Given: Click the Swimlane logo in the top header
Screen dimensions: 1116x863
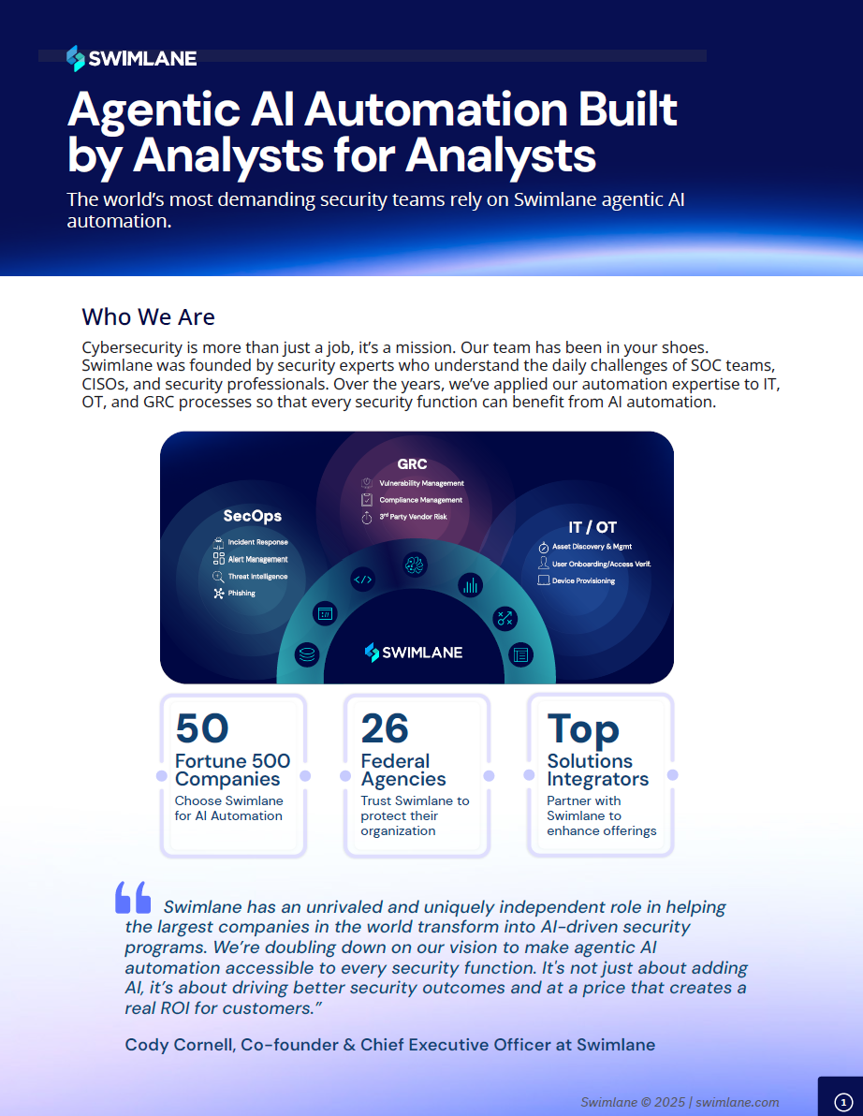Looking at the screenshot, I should (131, 58).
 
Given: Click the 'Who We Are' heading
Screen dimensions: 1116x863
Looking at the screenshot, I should (148, 316).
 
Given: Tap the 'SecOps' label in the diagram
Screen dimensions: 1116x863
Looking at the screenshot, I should (252, 516).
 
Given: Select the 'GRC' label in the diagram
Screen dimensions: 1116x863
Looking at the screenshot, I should (412, 464).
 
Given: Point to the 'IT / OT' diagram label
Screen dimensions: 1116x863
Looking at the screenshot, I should (592, 527).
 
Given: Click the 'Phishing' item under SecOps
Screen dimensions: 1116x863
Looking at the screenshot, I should (241, 594).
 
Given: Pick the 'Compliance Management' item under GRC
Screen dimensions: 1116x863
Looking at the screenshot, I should (420, 500).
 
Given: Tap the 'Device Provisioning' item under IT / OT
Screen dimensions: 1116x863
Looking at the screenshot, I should (583, 581).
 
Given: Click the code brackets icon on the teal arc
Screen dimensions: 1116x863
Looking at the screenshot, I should (362, 580).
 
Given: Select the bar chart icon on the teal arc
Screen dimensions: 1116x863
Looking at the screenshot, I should (469, 586).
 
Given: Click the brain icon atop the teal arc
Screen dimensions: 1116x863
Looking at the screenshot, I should (415, 564).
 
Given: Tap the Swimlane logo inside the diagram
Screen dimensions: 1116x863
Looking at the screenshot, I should (413, 653).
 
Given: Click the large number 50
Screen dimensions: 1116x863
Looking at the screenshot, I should (202, 728).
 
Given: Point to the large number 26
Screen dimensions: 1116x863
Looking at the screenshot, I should (385, 728).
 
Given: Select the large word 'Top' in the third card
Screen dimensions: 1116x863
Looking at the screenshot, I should (582, 728).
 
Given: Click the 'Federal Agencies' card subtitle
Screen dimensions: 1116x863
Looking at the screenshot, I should (403, 770).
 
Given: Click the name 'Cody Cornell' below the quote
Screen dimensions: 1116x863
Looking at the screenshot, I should (177, 1045).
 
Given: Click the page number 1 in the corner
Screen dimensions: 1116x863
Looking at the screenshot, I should (841, 1103).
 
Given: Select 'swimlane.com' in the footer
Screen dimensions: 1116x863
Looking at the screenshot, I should (739, 1102).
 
